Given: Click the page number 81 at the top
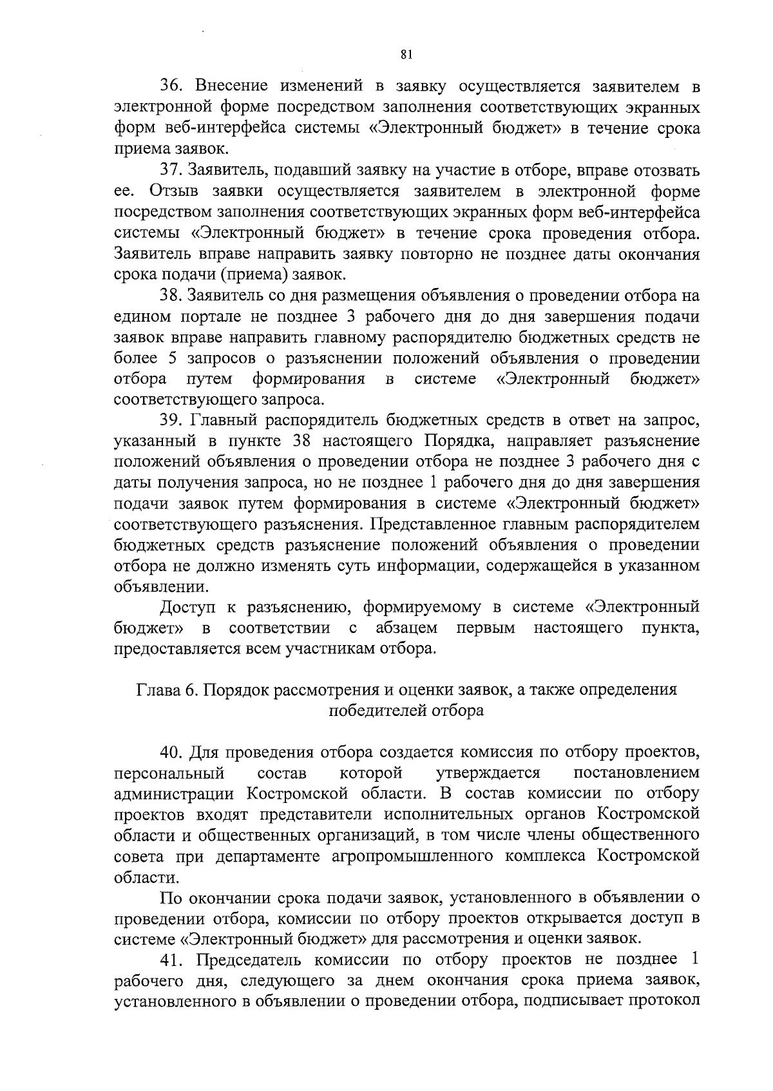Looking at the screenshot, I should tap(406, 54).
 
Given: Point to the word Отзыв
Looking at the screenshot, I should tap(172, 191).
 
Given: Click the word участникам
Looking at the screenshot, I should tap(336, 648).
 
